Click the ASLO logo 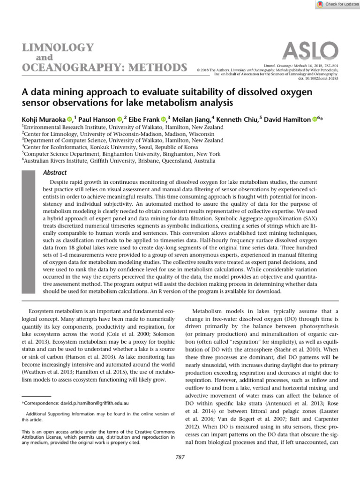tap(311, 51)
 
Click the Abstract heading tap(56, 172)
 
